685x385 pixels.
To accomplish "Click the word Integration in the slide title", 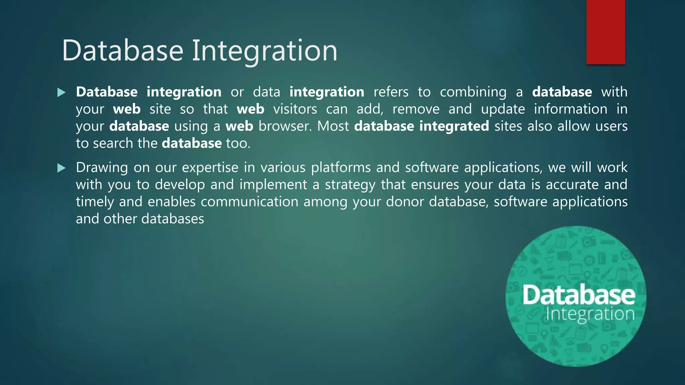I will coord(264,51).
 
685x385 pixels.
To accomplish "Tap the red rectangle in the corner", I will coord(605,32).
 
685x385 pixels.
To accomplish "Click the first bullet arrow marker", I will coord(61,93).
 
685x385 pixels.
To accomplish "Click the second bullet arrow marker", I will coord(61,168).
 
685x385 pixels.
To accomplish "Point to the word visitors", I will coord(295,109).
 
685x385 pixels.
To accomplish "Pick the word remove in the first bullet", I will coord(416,109).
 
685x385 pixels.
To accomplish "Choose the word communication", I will coord(249,202).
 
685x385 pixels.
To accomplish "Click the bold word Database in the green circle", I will coord(579,295).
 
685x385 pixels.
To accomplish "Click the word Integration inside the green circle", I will coord(590,314).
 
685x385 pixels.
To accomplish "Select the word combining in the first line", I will coord(473,92).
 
